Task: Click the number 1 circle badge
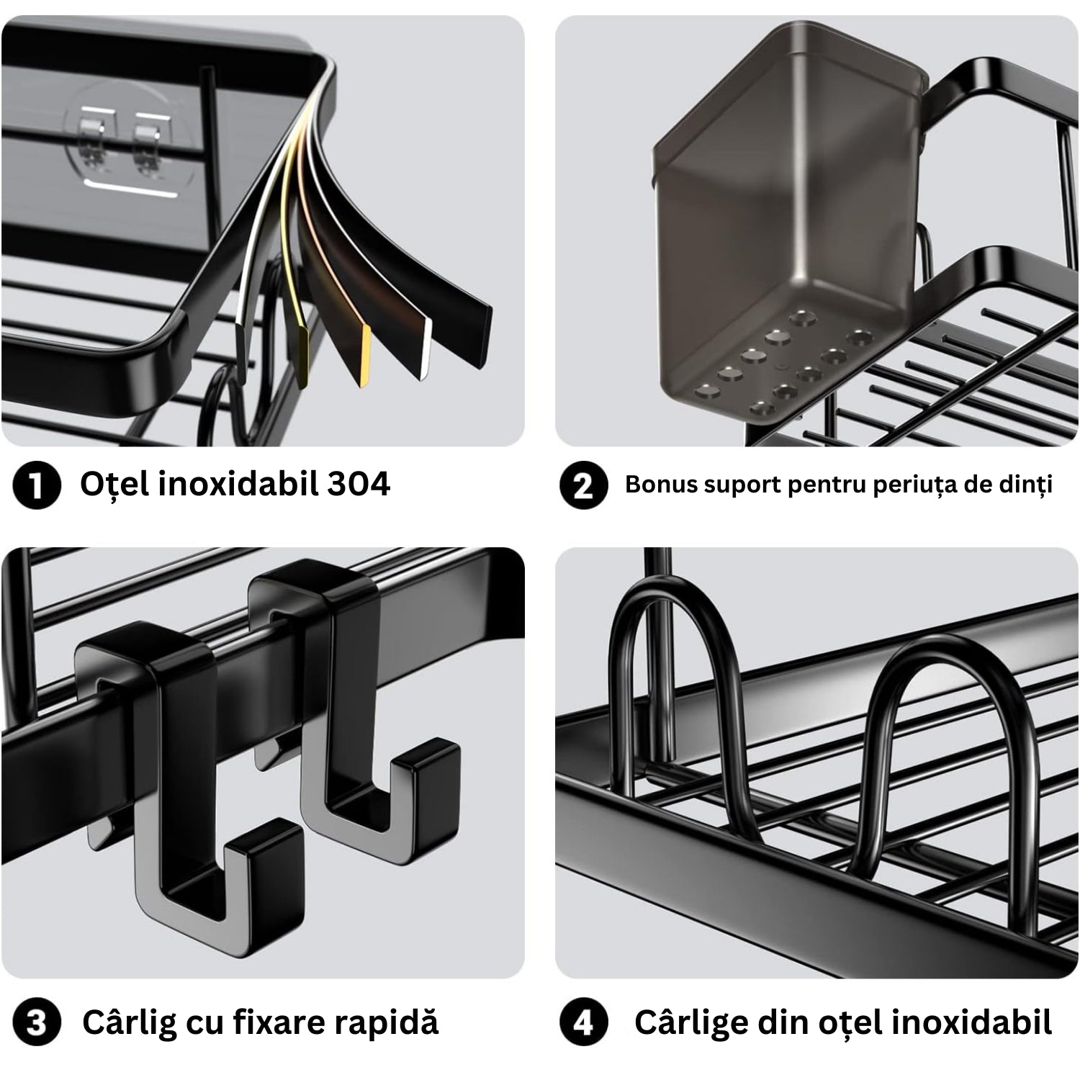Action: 35,485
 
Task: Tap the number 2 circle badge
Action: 583,485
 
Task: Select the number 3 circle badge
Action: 35,1023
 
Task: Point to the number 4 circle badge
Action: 583,1023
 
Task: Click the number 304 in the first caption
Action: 359,484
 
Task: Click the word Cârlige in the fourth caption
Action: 690,1022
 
